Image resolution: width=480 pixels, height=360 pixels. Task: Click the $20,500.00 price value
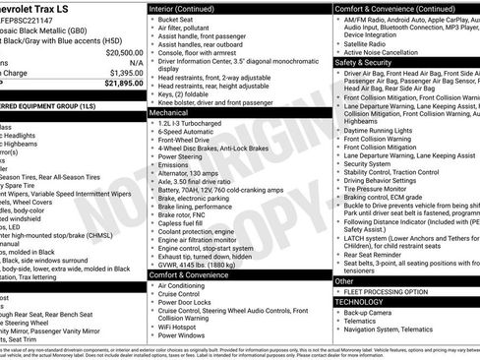point(118,52)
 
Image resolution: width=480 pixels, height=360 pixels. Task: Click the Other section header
point(344,281)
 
